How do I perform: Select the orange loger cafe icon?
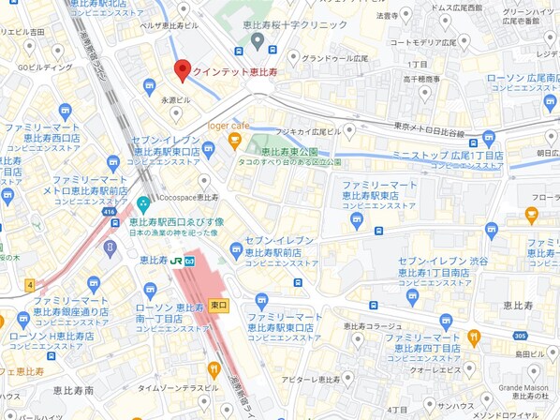click(x=235, y=142)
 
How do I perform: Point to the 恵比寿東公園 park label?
click(x=289, y=151)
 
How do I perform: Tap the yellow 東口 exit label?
click(x=219, y=305)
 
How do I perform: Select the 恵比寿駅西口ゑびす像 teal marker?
click(x=143, y=204)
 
